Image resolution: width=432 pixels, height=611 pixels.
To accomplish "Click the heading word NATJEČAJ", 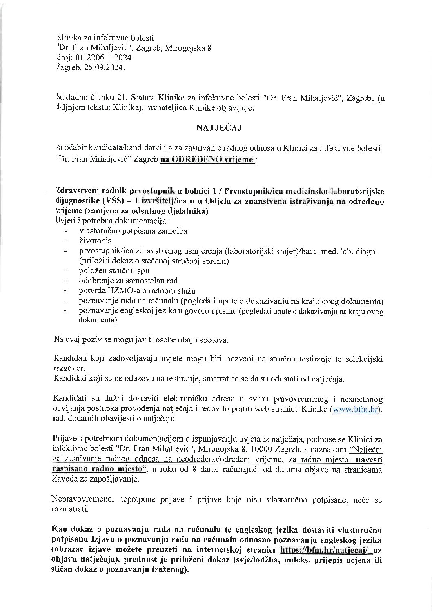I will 219,127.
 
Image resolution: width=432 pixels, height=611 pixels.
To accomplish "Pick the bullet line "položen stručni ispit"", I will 115,271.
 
